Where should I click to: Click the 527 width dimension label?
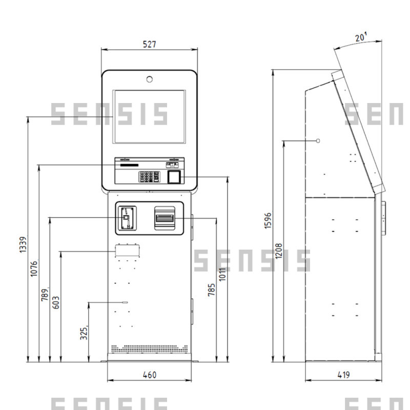click(149, 44)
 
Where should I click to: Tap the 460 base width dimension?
click(150, 375)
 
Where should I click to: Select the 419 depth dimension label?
click(343, 375)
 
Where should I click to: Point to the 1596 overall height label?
click(268, 221)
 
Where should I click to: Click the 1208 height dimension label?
click(279, 251)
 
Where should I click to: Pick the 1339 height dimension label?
click(23, 244)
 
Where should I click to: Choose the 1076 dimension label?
click(34, 269)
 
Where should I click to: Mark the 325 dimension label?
click(84, 334)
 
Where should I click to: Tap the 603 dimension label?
click(56, 302)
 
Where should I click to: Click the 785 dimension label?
click(211, 290)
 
